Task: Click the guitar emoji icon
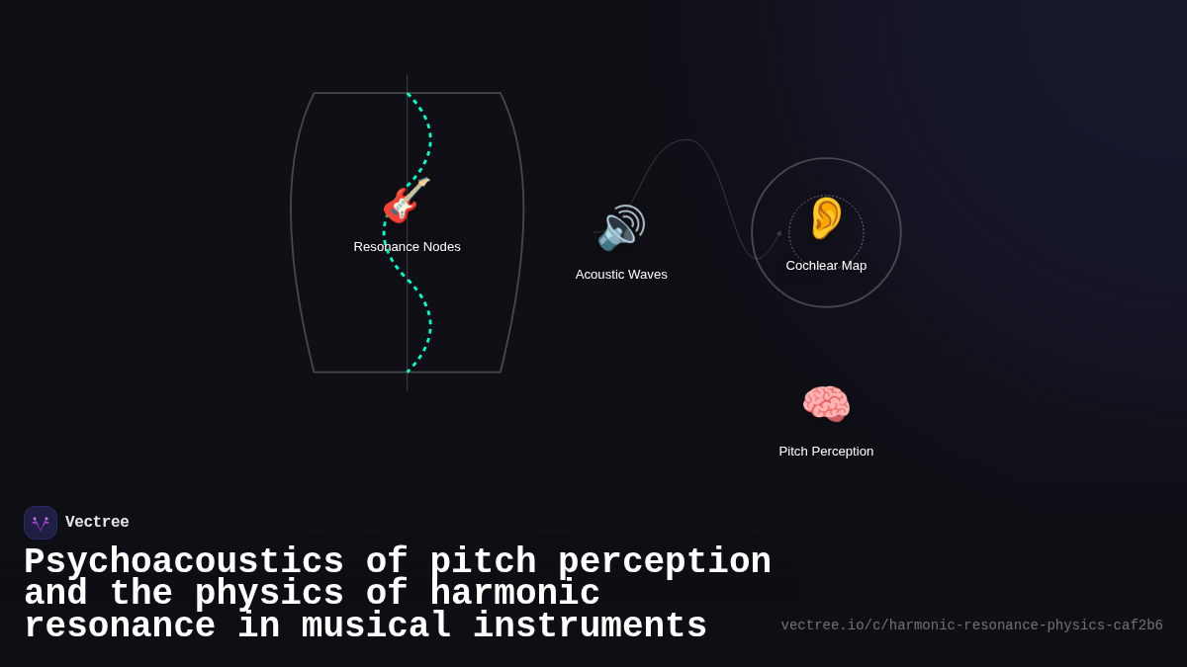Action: [x=407, y=201]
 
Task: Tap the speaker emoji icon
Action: [x=621, y=228]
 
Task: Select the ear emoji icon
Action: [x=826, y=218]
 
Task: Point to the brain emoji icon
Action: [x=826, y=403]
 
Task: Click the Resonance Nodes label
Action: [x=407, y=247]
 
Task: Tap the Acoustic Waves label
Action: [x=621, y=275]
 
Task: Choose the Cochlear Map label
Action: [x=826, y=266]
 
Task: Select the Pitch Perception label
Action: [x=826, y=452]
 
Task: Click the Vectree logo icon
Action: [x=41, y=523]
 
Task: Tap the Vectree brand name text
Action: [x=97, y=523]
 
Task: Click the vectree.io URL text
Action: [x=971, y=625]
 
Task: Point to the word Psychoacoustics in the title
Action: [x=184, y=562]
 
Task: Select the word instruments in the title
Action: [x=590, y=626]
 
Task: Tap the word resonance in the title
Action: [x=120, y=626]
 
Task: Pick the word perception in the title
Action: [x=665, y=562]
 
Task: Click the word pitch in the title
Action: [x=483, y=562]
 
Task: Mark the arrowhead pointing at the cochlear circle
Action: [x=778, y=234]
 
